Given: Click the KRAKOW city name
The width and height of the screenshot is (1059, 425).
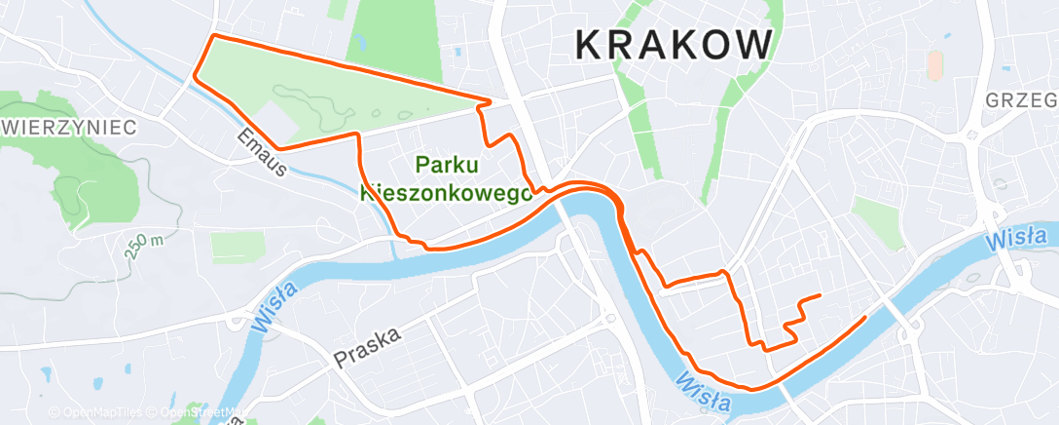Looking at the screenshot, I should pos(674,44).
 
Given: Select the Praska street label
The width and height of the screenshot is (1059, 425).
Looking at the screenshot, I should pos(368,345).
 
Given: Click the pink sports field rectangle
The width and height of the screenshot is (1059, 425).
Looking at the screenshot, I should pos(934,65).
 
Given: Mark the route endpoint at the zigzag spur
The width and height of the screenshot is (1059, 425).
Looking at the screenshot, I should pos(821,294).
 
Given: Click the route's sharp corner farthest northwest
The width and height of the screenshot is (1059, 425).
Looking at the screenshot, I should pos(213,35).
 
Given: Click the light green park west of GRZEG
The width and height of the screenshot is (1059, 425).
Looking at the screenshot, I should pos(878,219).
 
